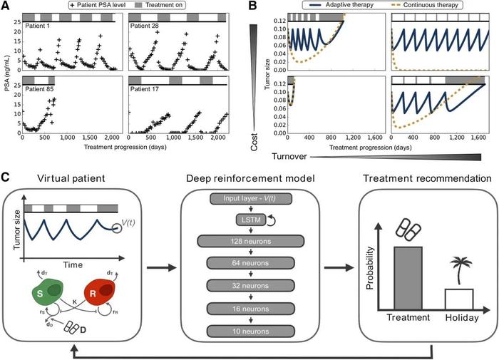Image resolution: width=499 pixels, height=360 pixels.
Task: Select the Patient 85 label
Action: (x=41, y=89)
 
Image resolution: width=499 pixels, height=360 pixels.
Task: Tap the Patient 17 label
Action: (x=148, y=89)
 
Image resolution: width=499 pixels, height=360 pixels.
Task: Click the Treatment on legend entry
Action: (x=192, y=6)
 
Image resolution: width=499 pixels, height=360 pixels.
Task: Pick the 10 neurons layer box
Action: (x=249, y=331)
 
